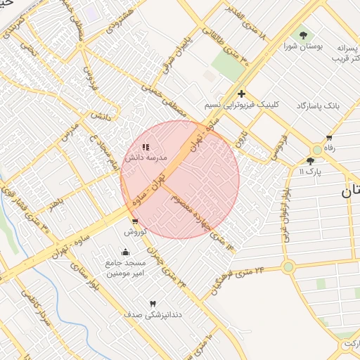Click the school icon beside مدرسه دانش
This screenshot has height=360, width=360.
click(145, 148)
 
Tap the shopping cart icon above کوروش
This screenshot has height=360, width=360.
click(134, 221)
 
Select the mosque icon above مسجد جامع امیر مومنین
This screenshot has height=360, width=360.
click(126, 252)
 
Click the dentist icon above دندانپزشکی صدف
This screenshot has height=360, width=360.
click(153, 303)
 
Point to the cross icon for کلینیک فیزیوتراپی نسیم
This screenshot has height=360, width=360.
click(241, 94)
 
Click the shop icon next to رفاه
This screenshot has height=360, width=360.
click(328, 138)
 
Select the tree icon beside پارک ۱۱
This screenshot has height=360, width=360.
click(311, 161)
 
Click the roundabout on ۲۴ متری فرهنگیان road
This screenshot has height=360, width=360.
click(288, 266)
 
